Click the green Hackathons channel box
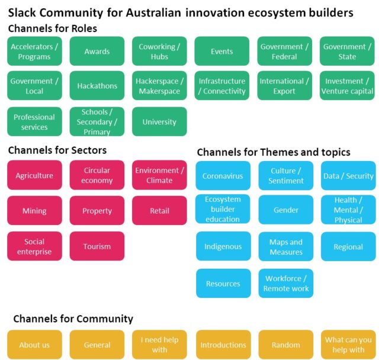click(97, 86)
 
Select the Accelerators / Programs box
click(34, 52)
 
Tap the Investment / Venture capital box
click(347, 86)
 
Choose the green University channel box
click(159, 122)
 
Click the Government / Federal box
click(284, 52)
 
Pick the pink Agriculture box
click(34, 175)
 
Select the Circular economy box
click(97, 175)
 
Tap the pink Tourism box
click(97, 246)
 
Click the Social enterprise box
click(34, 246)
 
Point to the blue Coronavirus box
click(223, 176)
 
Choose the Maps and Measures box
click(286, 247)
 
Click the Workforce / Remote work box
click(286, 284)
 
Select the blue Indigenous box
click(223, 247)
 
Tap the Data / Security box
click(348, 176)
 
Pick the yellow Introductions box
click(223, 345)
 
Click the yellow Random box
click(286, 345)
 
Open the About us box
click(34, 345)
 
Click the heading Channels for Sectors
click(57, 150)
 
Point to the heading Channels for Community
click(73, 319)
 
